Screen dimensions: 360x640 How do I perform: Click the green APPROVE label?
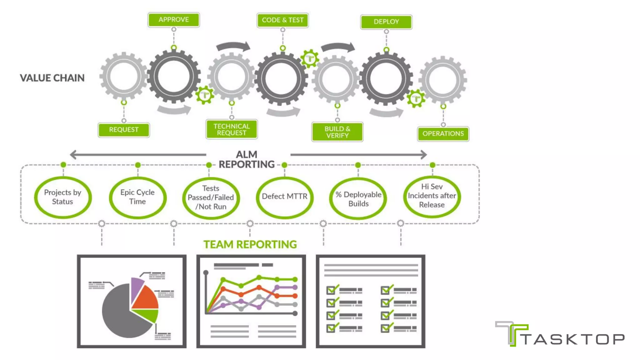tap(173, 20)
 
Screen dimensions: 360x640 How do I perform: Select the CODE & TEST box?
tap(282, 20)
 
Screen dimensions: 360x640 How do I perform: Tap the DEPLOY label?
tap(386, 22)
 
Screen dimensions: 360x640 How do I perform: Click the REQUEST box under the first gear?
tap(124, 130)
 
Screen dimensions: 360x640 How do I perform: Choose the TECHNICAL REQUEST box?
tap(232, 129)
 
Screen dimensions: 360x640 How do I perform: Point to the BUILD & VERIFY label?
tap(337, 132)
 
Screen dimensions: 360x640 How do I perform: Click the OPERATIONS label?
tap(443, 134)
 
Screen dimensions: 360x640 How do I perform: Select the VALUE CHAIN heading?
tap(52, 78)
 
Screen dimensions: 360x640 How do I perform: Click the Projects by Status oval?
tap(62, 197)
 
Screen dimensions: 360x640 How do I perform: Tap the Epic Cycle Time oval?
tap(137, 197)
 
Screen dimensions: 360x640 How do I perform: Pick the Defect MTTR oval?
tap(284, 197)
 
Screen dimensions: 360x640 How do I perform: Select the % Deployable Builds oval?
tap(358, 199)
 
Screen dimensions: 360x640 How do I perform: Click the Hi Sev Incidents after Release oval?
tap(432, 196)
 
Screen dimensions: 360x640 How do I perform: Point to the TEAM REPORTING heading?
tap(250, 244)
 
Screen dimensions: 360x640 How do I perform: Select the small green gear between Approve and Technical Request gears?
tap(205, 95)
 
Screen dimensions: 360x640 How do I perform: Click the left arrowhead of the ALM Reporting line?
tap(73, 154)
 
